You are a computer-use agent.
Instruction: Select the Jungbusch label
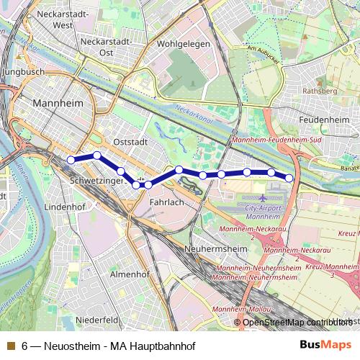pos(24,73)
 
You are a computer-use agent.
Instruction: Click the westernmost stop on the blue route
pos(71,159)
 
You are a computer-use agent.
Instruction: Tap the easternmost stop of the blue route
pos(289,178)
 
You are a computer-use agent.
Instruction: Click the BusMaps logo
pos(326,346)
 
